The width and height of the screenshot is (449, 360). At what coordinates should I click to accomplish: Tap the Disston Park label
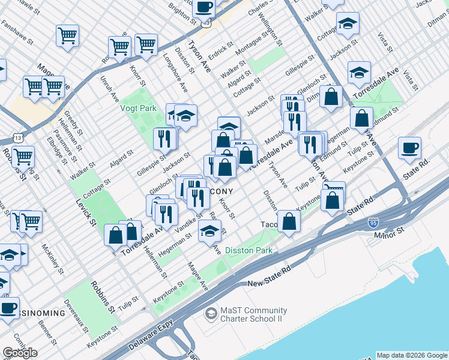(249, 250)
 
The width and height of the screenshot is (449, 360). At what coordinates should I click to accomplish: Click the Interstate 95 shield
(373, 223)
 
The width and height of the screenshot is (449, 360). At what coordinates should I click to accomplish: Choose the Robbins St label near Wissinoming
(103, 298)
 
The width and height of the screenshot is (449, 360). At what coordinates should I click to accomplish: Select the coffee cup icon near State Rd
(409, 148)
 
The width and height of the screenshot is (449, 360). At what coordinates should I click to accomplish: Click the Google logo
(20, 353)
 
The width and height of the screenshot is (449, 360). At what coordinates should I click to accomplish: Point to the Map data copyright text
(412, 355)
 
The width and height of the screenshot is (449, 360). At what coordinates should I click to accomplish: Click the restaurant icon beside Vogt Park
(164, 139)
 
